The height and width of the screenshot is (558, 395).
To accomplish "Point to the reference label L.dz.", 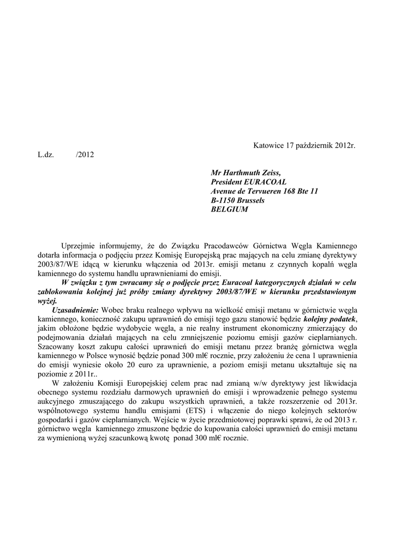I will click(46, 155).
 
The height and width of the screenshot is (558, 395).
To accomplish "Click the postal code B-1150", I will click(224, 201).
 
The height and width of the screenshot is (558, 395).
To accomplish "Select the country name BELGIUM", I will click(229, 210).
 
